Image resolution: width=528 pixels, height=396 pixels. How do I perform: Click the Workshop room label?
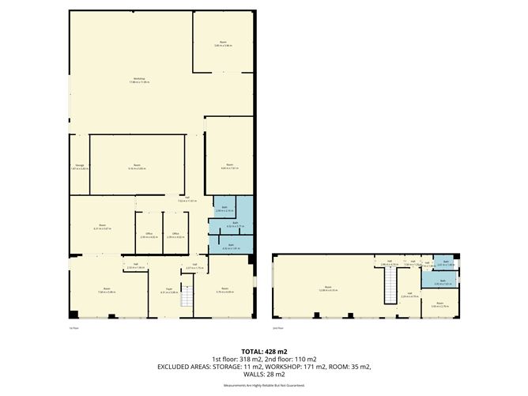tap(139, 81)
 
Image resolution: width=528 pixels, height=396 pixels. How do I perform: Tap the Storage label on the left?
tap(80, 167)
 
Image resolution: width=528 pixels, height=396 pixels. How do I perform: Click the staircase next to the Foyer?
tap(187, 298)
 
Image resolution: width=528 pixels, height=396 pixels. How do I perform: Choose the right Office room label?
tap(175, 235)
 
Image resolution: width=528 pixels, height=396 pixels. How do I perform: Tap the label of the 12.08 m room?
tap(327, 288)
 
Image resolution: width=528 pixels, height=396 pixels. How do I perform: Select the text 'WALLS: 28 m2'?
tap(264, 374)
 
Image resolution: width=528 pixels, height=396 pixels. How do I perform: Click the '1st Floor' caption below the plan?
tap(74, 326)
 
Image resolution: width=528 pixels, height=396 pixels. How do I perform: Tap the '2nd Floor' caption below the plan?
tap(277, 326)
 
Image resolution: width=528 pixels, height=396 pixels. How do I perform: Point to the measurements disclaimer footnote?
tap(264, 385)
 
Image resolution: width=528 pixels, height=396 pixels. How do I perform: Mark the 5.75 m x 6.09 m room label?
tap(224, 291)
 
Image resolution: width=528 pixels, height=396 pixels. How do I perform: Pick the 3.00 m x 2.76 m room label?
tap(439, 304)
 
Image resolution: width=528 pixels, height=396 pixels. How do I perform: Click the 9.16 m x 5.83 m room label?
tap(137, 167)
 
